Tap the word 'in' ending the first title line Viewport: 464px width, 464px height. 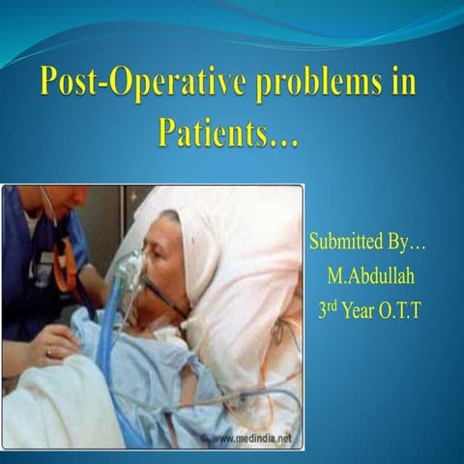pyautogui.click(x=401, y=82)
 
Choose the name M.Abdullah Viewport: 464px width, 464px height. pyautogui.click(x=372, y=276)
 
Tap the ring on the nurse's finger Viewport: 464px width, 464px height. pyautogui.click(x=47, y=353)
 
